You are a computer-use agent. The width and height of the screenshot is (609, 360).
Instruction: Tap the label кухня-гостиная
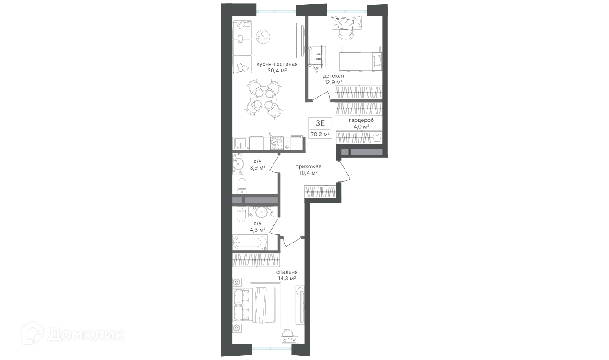[277, 64]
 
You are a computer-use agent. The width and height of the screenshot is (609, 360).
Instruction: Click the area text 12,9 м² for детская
[333, 82]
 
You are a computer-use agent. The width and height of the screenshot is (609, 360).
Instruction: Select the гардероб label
[361, 120]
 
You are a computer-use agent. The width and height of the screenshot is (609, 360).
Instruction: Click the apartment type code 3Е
[320, 123]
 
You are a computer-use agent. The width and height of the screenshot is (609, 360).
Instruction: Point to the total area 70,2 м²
[320, 134]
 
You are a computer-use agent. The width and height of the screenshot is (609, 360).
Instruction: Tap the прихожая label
[308, 166]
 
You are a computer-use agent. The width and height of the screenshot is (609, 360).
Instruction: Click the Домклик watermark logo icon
[32, 333]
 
